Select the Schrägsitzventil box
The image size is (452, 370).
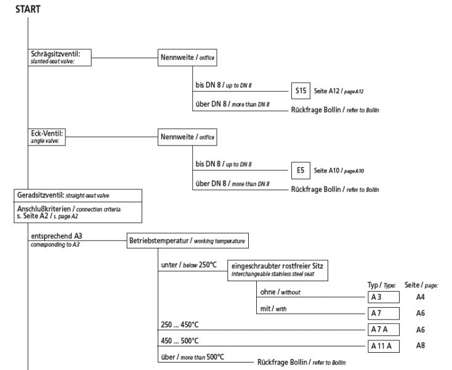[x=60, y=57]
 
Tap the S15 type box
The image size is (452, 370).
[x=301, y=91]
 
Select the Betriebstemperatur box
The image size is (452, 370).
[x=188, y=240]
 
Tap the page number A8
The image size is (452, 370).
[x=421, y=346]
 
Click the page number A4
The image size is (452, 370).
[x=421, y=297]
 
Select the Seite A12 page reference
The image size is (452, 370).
[x=339, y=91]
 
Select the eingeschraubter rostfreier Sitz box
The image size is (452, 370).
[x=279, y=269]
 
